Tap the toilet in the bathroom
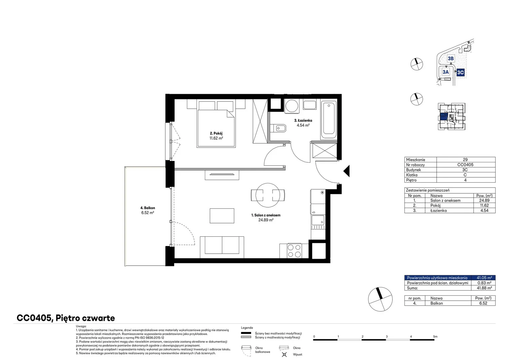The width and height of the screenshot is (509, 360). pos(278,128)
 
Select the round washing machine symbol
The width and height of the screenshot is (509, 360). pos(292,106)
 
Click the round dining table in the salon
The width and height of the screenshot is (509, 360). pos(268,195)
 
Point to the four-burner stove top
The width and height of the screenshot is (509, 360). pos(294,251)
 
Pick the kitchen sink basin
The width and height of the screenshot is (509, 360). pos(318,220)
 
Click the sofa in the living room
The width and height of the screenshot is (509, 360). pos(222,247)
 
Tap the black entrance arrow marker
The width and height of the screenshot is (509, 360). pos(346,171)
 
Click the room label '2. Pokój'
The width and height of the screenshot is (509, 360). pos(216,133)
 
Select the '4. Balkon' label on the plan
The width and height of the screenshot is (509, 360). pos(148,208)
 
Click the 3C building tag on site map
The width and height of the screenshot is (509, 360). pos(460,73)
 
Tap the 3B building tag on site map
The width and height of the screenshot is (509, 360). pos(451,58)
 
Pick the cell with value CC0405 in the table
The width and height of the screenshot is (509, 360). pos(466,165)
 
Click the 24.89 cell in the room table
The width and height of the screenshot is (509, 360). pos(484,200)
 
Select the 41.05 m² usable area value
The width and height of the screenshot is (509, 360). pos(484,278)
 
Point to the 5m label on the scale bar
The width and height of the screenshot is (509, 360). pos(435,336)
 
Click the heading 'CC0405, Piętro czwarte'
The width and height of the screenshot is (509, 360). pos(66,318)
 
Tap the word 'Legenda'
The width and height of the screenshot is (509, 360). pos(247,328)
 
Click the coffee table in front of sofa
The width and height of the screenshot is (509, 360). pos(222,216)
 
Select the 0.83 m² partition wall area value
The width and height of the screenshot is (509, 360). pos(484,283)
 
